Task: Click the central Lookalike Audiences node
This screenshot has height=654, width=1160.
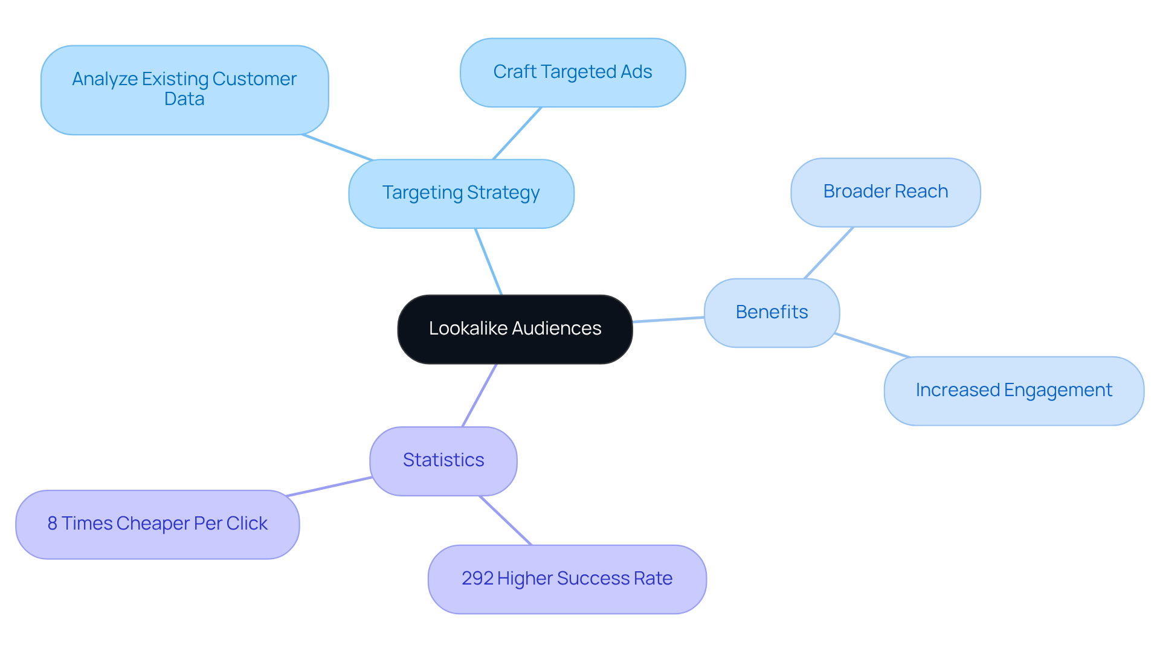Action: [x=515, y=329]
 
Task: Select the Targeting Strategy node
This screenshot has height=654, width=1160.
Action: [x=461, y=193]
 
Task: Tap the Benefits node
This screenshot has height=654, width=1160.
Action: [x=772, y=312]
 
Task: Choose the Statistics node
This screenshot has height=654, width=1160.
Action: [x=443, y=461]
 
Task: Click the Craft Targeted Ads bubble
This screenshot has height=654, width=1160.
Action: [x=572, y=72]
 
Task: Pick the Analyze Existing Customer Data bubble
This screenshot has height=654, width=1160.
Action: [x=184, y=89]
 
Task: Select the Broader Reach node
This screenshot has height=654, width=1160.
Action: [x=885, y=192]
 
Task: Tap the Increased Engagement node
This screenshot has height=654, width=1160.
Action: [x=1013, y=391]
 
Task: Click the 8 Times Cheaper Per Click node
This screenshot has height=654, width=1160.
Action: [x=157, y=524]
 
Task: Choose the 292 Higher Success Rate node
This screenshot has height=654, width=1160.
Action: [x=567, y=579]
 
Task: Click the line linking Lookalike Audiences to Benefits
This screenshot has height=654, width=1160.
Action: [x=668, y=319]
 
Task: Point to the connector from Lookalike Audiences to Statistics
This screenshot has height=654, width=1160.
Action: [x=479, y=396]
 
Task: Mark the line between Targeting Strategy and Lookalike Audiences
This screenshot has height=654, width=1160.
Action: [x=488, y=261]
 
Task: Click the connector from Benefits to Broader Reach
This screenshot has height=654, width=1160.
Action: [x=828, y=253]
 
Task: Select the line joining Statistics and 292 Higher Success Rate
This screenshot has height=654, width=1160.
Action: [x=505, y=521]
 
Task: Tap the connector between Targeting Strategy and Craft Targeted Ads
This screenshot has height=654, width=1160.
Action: [x=517, y=133]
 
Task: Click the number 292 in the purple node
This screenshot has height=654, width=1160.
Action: [x=477, y=579]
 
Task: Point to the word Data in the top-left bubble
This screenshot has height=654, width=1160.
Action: [x=184, y=99]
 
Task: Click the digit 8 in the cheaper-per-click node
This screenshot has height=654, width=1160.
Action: [x=53, y=524]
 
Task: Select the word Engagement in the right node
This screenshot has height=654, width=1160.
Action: [x=1058, y=391]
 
